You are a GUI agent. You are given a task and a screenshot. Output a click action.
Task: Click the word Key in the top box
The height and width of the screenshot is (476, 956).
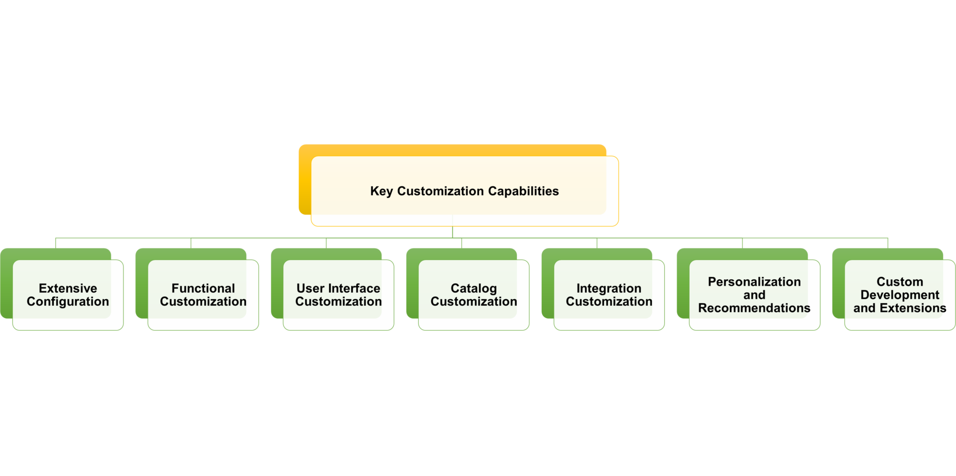(381, 191)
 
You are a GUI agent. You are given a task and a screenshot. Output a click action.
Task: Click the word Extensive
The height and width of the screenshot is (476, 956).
(68, 288)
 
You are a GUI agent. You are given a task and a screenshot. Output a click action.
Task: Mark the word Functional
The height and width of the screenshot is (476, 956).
(203, 288)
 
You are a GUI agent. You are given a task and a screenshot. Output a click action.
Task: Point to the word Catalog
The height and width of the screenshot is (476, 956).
(474, 289)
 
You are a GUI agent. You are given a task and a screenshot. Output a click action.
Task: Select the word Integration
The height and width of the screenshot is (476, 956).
(609, 289)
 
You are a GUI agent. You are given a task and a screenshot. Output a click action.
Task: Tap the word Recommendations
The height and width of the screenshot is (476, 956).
(754, 308)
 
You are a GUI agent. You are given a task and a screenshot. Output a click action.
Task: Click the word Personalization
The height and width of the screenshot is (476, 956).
(754, 282)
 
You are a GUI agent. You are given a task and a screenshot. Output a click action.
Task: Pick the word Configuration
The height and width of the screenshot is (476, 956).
(68, 302)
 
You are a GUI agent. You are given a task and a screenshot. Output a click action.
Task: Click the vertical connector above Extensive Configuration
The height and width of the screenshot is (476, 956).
(56, 243)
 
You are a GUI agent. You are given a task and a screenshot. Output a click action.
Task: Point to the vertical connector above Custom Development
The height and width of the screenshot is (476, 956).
(888, 243)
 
